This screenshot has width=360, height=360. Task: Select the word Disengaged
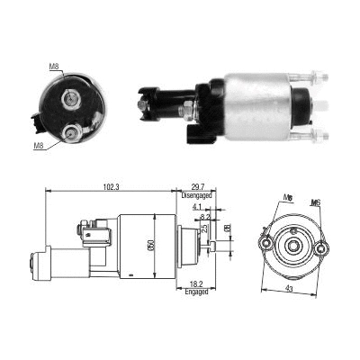click(x=195, y=195)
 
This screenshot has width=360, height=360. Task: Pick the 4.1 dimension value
click(x=196, y=208)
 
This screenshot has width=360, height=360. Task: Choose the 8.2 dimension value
click(x=205, y=217)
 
